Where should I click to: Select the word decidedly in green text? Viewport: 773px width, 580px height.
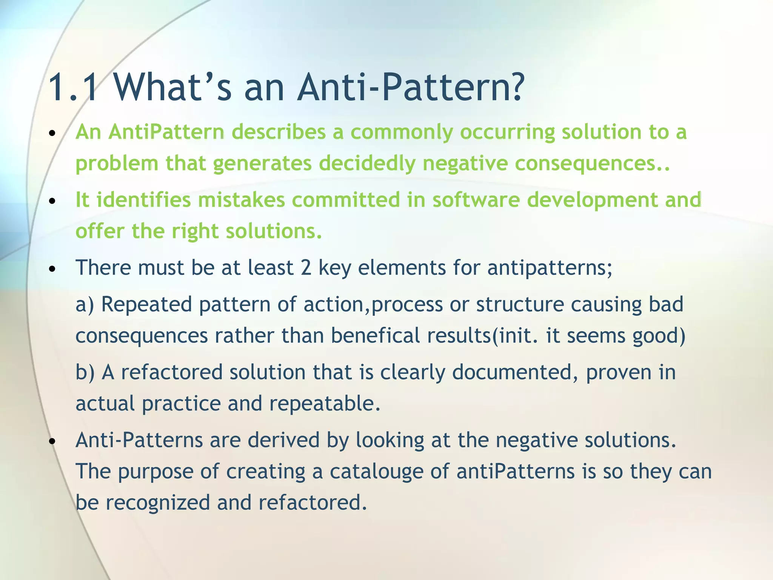tap(366, 164)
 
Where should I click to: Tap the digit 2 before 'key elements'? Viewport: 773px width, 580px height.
tap(306, 268)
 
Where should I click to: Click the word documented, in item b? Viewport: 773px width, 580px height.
tap(515, 372)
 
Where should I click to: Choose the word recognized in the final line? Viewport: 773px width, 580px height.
tap(157, 503)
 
